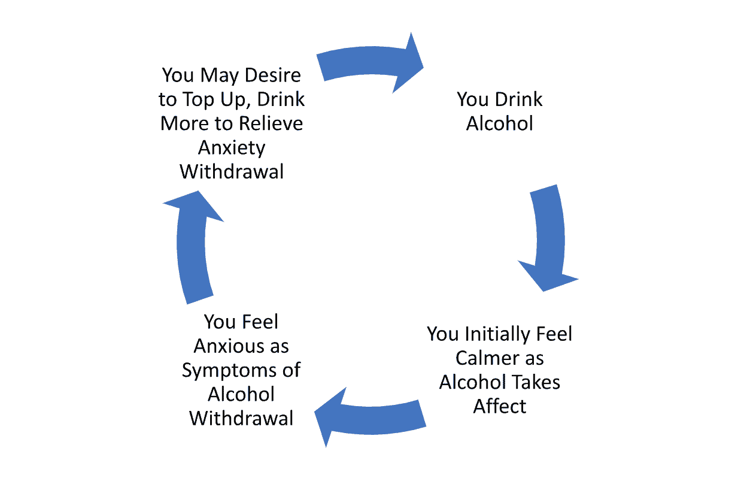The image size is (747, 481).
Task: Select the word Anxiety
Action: [x=232, y=147]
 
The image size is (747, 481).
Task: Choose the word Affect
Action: [x=500, y=406]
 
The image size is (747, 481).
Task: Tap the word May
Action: [x=220, y=75]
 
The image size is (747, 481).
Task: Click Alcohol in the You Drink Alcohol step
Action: [x=500, y=123]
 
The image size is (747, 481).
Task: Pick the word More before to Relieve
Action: [x=184, y=123]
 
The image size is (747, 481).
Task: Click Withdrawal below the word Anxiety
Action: [x=232, y=171]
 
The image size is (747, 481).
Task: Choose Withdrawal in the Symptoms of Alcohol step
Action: [x=241, y=418]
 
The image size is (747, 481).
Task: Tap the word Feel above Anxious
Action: [x=260, y=322]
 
